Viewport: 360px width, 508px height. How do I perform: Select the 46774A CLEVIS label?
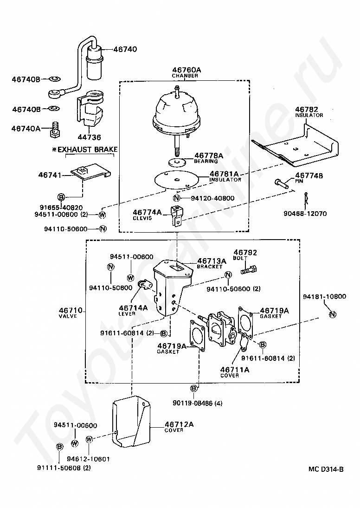147,214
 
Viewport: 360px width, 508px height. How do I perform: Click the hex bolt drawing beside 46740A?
54,129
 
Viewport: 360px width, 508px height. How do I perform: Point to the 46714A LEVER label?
133,310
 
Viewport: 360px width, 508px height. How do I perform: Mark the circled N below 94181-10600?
332,314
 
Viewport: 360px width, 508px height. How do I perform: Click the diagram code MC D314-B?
326,469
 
